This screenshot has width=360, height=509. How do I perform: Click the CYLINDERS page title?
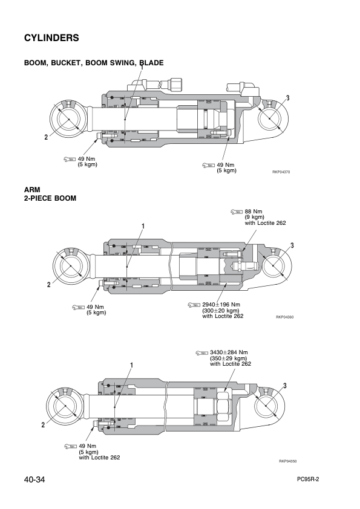51,37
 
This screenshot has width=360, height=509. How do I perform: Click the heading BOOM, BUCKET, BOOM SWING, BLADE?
93,63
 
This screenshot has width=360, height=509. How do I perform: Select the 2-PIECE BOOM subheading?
50,198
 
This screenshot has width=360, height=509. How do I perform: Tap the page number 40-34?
36,480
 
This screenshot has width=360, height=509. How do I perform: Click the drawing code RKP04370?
281,172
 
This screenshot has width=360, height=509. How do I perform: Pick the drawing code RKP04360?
284,317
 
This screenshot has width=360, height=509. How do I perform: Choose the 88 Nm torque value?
253,212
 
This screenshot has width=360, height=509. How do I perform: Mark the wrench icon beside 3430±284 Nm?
201,352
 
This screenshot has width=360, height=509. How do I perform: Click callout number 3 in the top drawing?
287,99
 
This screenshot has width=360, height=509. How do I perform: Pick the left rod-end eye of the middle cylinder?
71,266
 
